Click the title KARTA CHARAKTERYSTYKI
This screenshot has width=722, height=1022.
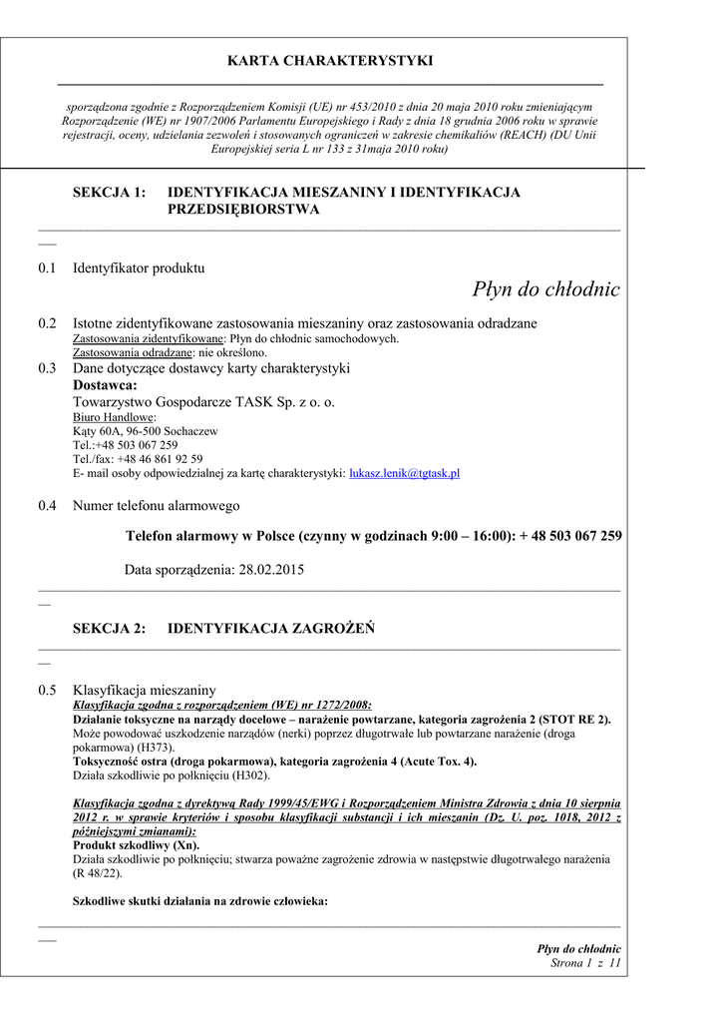coord(330,61)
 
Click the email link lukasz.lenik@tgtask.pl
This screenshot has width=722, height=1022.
coord(404,473)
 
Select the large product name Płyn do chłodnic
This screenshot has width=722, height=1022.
coord(545,289)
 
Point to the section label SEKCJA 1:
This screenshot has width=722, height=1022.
coord(110,192)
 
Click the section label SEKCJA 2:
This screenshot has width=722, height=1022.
coord(110,629)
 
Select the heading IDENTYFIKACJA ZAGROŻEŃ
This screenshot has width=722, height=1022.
coord(270,629)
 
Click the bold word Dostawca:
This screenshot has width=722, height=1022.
coord(106,385)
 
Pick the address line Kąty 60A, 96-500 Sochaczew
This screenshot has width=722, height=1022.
coord(146,431)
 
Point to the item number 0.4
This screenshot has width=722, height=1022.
coord(47,506)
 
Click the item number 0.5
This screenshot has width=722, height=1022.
coord(47,690)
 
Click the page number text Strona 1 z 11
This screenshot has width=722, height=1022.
coord(585,963)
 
